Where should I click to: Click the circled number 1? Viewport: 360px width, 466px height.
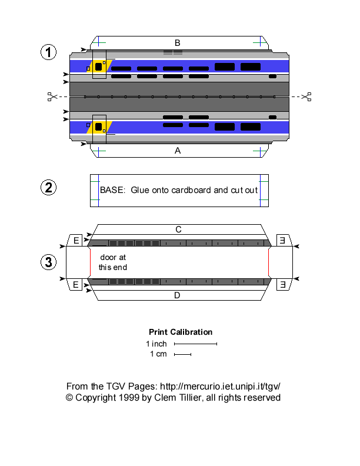click(x=48, y=52)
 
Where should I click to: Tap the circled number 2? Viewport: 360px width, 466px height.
click(x=48, y=188)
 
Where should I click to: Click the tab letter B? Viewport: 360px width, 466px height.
click(x=177, y=42)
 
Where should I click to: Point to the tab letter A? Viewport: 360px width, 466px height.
click(x=177, y=151)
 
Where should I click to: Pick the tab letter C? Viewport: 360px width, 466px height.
click(x=177, y=229)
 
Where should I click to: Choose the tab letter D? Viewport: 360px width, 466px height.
click(x=177, y=295)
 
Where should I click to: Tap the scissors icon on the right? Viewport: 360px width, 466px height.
click(x=305, y=96)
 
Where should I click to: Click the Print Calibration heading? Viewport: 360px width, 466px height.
click(x=181, y=332)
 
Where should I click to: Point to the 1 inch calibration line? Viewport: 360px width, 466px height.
click(x=196, y=344)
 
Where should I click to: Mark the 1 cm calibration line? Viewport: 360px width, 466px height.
click(x=183, y=354)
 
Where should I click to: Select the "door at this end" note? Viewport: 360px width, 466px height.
click(x=112, y=262)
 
